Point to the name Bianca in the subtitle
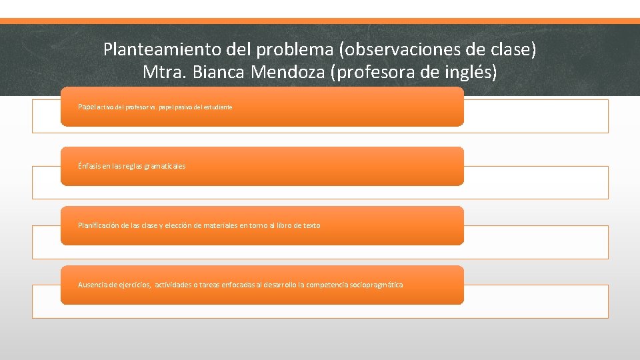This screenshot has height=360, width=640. pyautogui.click(x=221, y=72)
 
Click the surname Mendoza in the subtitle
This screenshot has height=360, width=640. pyautogui.click(x=289, y=72)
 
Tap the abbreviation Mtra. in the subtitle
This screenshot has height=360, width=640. pyautogui.click(x=165, y=72)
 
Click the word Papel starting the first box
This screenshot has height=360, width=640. pyautogui.click(x=87, y=107)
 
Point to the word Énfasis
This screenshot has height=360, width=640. pyautogui.click(x=90, y=166)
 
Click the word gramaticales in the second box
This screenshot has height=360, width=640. pyautogui.click(x=166, y=166)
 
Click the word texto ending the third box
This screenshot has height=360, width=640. pyautogui.click(x=311, y=225)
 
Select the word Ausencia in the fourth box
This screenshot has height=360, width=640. pyautogui.click(x=92, y=285)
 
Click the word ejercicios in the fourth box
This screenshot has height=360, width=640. pyautogui.click(x=134, y=285)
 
